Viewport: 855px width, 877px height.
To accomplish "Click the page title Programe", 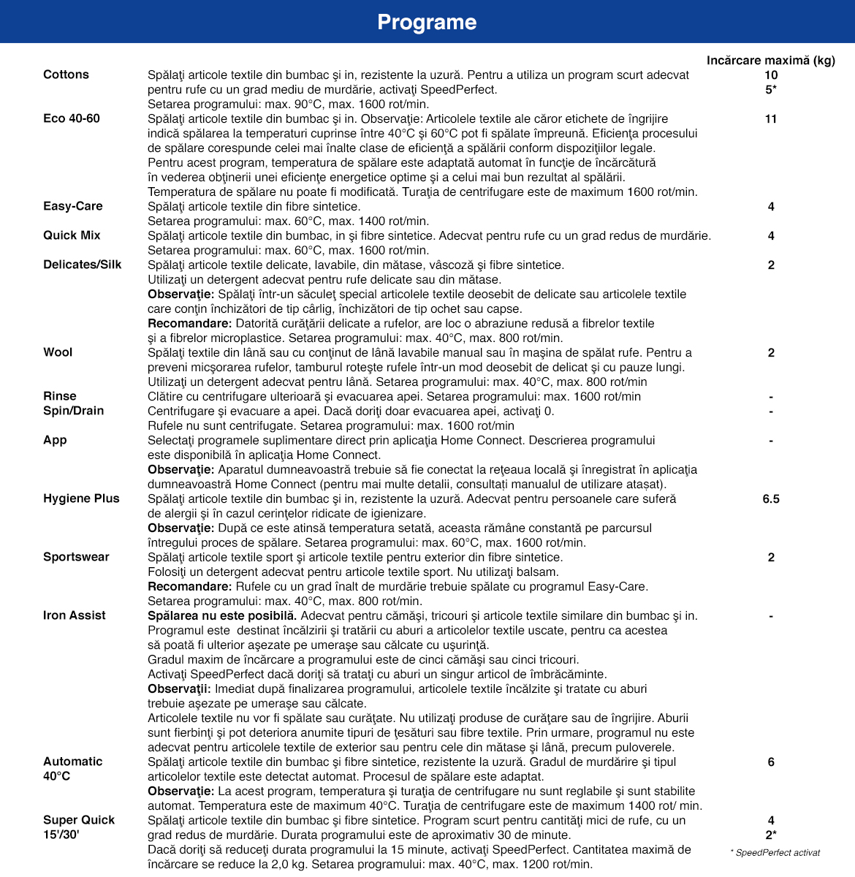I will (427, 22).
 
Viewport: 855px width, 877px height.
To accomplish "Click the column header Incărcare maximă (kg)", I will (770, 60).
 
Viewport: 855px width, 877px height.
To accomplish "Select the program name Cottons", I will (66, 75).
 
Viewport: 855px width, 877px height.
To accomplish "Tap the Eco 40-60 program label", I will (72, 118).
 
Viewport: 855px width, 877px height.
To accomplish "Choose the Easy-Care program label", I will (73, 206).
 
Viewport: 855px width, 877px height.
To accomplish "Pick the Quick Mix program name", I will (72, 235).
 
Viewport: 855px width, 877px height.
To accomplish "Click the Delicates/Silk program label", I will (83, 265).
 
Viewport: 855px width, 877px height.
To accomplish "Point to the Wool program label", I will (58, 352).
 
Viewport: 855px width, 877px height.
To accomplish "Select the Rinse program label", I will (60, 396).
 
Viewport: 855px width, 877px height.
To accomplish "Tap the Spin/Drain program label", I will (74, 411).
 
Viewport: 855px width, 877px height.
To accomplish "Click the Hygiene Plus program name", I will (81, 498).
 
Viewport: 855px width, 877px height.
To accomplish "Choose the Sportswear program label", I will (76, 557).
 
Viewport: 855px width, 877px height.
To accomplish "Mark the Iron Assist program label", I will (75, 615).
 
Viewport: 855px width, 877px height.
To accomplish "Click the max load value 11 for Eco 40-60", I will (771, 118).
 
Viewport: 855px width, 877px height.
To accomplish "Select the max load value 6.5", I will (771, 498).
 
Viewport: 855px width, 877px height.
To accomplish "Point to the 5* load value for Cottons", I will (771, 89).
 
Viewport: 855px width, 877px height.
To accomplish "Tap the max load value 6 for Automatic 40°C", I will (771, 762).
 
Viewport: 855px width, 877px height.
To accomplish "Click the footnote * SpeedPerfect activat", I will (775, 852).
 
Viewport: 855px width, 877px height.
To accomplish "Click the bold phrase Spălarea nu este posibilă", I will (222, 615).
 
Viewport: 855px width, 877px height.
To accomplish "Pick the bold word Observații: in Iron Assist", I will (180, 688).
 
